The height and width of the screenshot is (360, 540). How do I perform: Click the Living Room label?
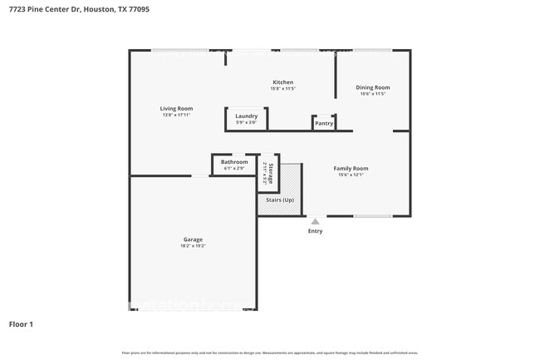point(176,108)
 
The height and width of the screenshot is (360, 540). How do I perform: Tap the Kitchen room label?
point(283,81)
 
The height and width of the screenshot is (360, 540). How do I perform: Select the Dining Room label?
point(372,87)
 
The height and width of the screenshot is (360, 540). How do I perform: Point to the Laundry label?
point(246,116)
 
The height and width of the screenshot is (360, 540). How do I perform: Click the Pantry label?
point(324,124)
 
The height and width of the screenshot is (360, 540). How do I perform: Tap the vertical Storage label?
point(270,172)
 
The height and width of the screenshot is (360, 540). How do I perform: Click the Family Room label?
point(351,168)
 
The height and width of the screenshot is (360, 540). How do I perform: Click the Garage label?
point(193,239)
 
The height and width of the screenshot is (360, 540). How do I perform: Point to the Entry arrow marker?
point(315,222)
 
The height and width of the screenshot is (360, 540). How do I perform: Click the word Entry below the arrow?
point(315,231)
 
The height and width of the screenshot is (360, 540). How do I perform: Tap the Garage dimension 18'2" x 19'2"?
point(193,246)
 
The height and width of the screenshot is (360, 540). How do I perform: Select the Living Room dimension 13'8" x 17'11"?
point(176,115)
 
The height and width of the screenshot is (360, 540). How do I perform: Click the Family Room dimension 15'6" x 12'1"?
point(351,175)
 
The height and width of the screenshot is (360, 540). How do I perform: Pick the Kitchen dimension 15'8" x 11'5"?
point(283,88)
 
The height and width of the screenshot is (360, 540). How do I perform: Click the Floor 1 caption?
point(21,323)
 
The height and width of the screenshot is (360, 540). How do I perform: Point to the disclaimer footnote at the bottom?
point(269,353)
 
